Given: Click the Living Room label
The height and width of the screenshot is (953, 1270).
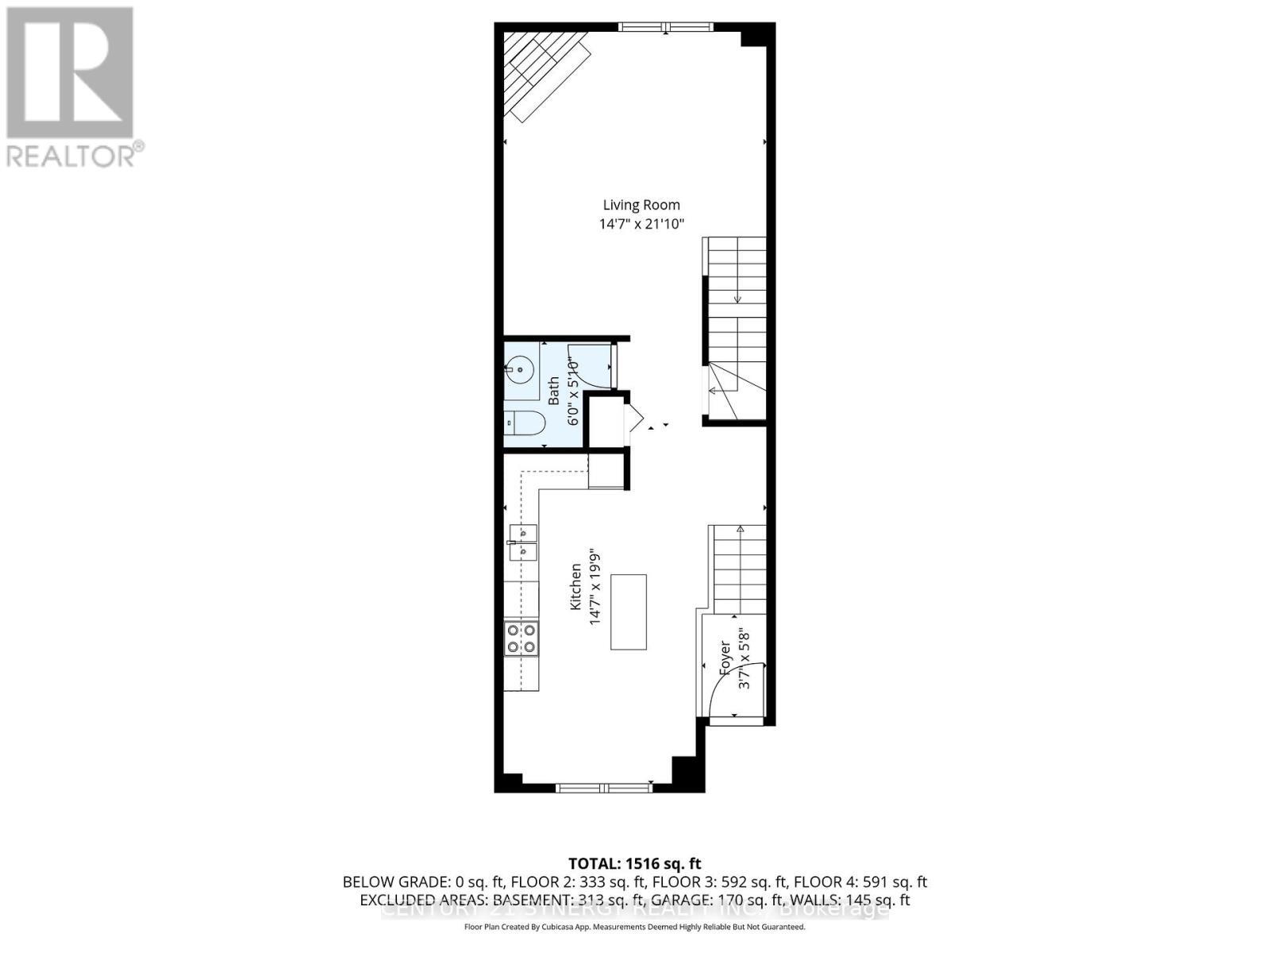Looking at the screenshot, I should point(641,205).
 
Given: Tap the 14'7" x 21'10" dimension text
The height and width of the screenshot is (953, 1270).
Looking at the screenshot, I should point(641,225).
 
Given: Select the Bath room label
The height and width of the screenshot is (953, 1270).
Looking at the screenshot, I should point(554,390).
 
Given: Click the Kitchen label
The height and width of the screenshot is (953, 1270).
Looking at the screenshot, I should point(576,587).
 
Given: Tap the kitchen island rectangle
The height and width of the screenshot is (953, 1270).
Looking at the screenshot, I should point(628,612).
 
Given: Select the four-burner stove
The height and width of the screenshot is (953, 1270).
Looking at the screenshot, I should point(521,639).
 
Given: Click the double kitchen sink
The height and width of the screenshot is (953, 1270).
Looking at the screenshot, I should point(522,542).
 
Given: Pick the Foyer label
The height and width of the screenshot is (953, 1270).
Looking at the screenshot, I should point(724,658).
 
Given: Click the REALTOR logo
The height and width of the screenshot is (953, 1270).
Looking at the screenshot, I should point(73,87).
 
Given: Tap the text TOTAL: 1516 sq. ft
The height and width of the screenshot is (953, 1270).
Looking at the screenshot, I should point(634,863).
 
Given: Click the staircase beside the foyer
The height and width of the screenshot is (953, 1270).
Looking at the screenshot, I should point(739,569).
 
